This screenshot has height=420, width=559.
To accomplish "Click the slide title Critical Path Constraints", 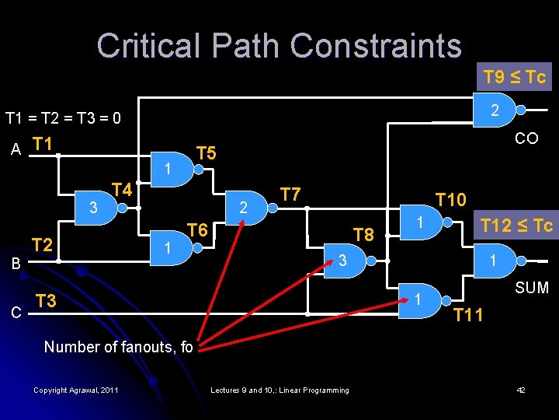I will [279, 46].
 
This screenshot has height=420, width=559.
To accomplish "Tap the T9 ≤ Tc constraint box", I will [514, 77].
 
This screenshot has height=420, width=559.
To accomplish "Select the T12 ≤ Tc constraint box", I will [516, 226].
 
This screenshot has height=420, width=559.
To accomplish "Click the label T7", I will [290, 193].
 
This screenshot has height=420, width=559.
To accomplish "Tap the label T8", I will [363, 234].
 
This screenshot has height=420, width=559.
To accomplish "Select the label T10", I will [450, 200].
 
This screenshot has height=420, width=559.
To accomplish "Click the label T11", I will [468, 315].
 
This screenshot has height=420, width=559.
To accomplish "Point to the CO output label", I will [526, 138].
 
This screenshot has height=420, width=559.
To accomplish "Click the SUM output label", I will [532, 288].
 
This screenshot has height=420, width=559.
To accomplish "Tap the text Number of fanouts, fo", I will [118, 347].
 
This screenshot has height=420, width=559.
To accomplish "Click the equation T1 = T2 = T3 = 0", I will [63, 118].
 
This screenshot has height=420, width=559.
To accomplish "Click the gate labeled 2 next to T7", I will [249, 208].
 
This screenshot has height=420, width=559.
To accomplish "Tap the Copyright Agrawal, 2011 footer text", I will [76, 390].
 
